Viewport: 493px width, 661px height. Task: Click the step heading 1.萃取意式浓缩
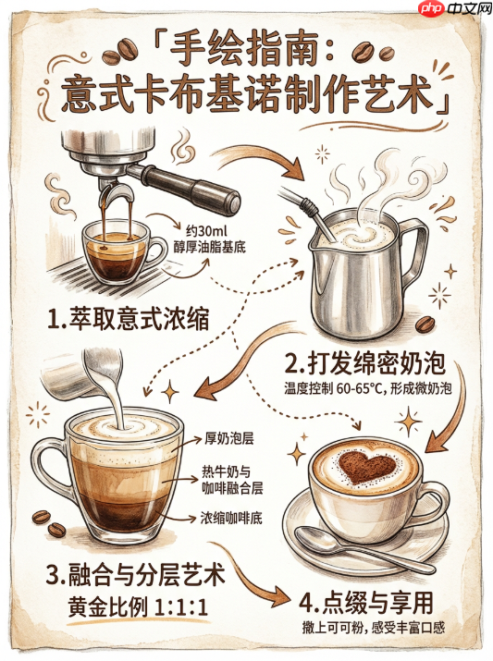(129, 319)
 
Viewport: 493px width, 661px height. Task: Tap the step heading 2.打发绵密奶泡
(365, 363)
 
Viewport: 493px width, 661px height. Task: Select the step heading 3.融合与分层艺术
(135, 575)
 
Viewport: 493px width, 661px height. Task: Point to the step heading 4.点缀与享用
(366, 603)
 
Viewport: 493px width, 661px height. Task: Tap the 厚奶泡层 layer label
(229, 439)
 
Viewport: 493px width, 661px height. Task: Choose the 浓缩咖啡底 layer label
(231, 518)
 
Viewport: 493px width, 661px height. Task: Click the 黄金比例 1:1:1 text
(138, 607)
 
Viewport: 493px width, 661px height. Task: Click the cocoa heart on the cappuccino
(367, 467)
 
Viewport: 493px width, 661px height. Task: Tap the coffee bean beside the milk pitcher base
(425, 325)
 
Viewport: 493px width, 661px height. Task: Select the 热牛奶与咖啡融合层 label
(232, 480)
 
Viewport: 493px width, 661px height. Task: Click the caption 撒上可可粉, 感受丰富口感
(374, 628)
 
